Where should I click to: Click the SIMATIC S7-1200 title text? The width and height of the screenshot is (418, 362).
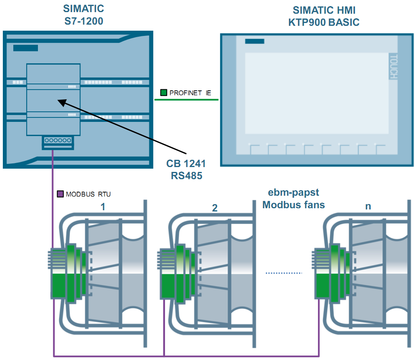click(84, 15)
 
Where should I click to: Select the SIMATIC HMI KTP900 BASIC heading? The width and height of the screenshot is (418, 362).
click(324, 16)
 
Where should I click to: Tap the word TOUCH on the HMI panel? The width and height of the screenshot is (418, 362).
click(393, 66)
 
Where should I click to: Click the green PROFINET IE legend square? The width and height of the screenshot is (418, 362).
click(163, 92)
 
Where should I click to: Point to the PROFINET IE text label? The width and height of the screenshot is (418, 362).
click(190, 93)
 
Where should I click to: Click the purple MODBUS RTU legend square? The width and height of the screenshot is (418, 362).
click(61, 194)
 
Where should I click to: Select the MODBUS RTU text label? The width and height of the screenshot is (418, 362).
click(88, 195)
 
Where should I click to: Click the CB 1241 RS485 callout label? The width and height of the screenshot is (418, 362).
click(186, 169)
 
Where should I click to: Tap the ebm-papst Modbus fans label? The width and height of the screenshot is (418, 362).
click(293, 199)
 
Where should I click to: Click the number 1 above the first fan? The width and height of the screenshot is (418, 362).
click(103, 207)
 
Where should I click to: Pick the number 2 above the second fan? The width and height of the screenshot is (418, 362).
click(215, 208)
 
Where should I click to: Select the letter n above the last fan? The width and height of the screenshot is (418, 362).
click(368, 206)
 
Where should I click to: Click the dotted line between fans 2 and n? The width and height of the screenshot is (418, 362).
click(284, 273)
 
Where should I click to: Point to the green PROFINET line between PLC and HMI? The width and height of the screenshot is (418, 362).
click(186, 99)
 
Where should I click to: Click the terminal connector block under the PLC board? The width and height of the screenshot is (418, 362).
click(58, 141)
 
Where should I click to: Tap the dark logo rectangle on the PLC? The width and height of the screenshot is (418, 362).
click(25, 48)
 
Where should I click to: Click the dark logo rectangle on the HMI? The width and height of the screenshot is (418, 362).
click(255, 41)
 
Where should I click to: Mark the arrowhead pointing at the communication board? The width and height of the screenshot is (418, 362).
click(61, 102)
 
